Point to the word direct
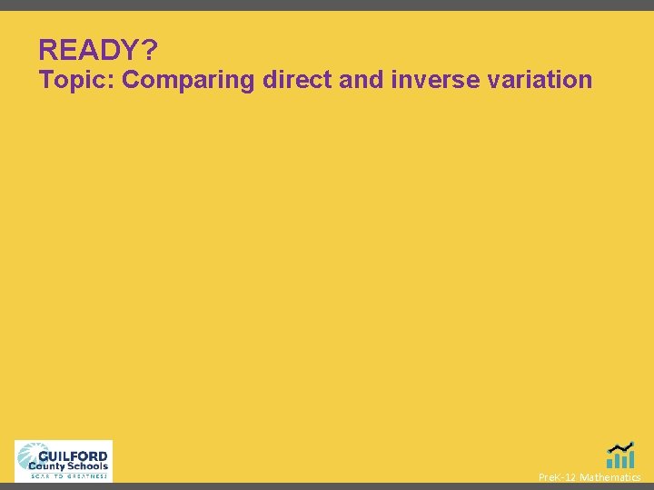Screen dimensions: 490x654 tap(296, 80)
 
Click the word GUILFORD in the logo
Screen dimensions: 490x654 tap(75, 456)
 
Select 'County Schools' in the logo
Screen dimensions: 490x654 tap(68, 466)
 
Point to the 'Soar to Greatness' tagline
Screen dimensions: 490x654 tap(68, 475)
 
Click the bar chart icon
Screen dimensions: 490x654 tap(620, 456)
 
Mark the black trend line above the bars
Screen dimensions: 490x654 tap(620, 446)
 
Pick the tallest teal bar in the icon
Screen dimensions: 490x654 tap(630, 459)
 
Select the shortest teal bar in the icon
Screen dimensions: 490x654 tap(610, 464)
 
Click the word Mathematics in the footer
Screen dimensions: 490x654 tap(610, 477)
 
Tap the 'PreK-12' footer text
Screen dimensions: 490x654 tap(557, 477)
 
